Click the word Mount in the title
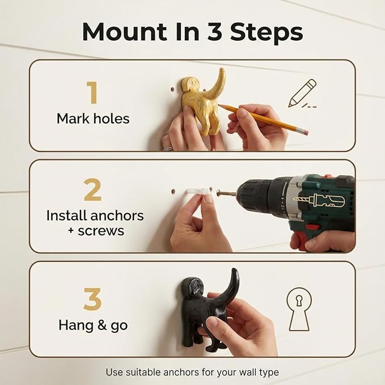pos(124,32)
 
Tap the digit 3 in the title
pos(215,32)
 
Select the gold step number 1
pos(92,92)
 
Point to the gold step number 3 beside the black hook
pos(92,299)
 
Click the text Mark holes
pos(93,119)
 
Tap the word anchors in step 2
pos(117,215)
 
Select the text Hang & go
pos(93,325)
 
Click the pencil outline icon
pos(302,94)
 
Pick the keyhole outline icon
pos(299,310)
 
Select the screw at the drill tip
pos(226,193)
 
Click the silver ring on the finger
pos(168,149)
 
